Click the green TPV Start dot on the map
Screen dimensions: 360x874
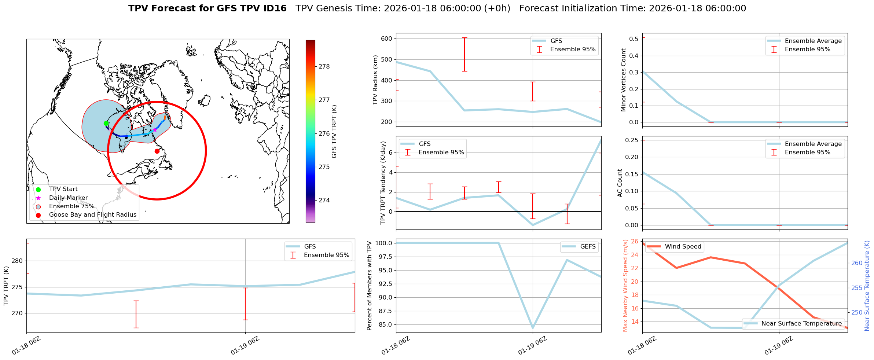106,123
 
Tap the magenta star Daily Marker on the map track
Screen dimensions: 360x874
155,130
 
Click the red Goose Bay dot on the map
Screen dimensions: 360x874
157,151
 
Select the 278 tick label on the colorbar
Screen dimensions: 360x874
324,66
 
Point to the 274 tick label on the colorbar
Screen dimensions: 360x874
324,200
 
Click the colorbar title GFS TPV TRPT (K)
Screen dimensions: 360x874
334,132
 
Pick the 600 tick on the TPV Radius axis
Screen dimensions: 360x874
386,38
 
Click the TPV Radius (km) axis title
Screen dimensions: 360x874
375,80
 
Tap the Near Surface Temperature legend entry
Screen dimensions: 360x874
801,324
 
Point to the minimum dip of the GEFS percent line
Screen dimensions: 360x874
533,328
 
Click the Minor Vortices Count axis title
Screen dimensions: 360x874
623,80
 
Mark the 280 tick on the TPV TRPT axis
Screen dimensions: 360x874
17,261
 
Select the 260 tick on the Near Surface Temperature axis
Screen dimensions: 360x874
857,263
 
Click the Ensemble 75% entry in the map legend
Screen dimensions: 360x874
71,206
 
